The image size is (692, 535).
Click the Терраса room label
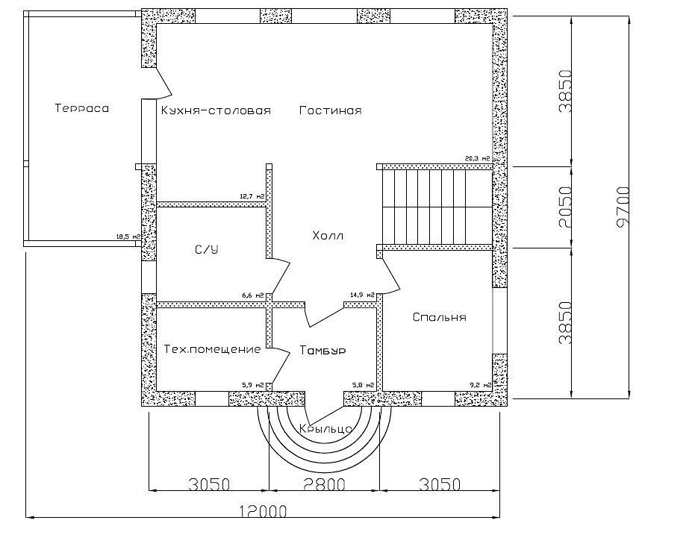(81, 108)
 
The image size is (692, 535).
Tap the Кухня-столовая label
(215, 110)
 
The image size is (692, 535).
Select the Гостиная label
(330, 110)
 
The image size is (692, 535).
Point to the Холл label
(328, 237)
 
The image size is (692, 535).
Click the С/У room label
(206, 249)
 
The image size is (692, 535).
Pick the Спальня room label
(439, 317)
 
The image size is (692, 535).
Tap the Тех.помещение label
(212, 349)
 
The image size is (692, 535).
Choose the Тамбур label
(322, 350)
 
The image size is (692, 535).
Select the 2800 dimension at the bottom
(324, 484)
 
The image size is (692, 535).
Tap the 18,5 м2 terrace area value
(128, 236)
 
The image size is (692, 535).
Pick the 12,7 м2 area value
(252, 196)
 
